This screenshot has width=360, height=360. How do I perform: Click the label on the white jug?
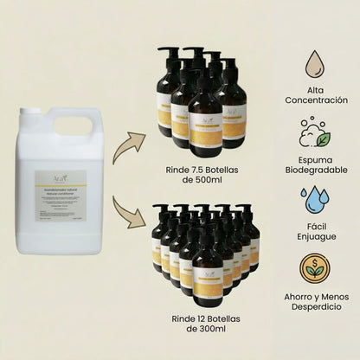click(60, 196)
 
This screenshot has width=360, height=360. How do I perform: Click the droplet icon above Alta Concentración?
click(315, 63)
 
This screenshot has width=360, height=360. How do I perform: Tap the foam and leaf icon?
click(315, 134)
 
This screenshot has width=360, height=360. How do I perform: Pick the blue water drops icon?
click(315, 199)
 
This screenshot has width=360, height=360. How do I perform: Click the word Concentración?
click(315, 100)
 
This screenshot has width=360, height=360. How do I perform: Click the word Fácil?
click(315, 226)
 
